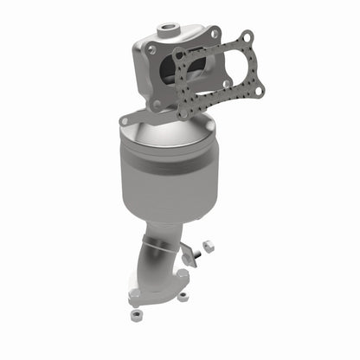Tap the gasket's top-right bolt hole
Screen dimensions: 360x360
coord(247,37)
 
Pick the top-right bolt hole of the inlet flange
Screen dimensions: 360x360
coord(213,34)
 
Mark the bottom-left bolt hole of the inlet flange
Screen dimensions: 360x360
coord(157,105)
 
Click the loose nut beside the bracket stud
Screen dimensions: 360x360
coord(210,245)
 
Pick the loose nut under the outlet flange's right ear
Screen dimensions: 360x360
coord(183,296)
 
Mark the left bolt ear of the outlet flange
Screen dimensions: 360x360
coord(133,302)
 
